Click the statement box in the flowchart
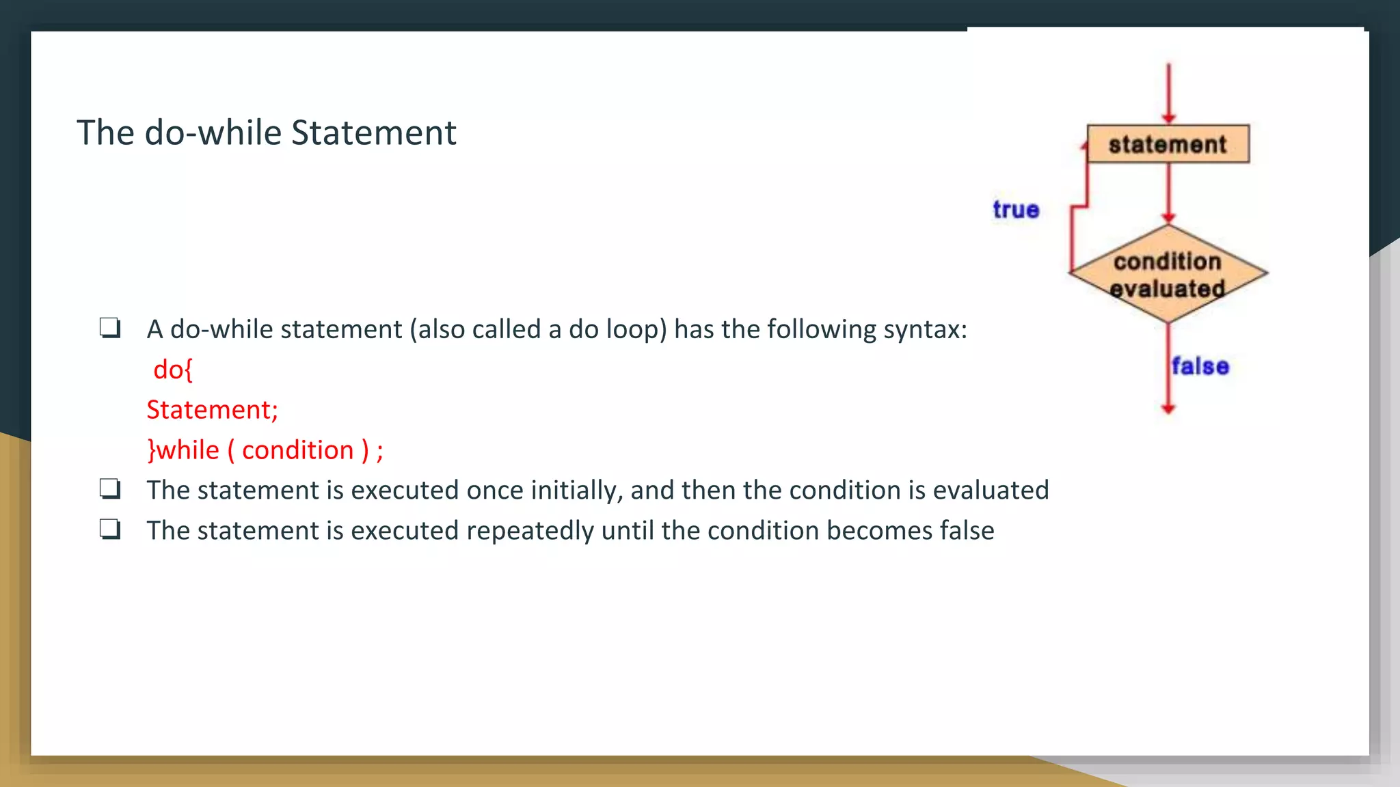coord(1168,144)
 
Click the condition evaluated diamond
coord(1168,274)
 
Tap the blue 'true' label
coord(1016,210)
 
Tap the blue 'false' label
coord(1200,366)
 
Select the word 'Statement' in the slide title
coord(373,133)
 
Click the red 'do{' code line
coord(173,370)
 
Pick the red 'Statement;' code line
coord(212,410)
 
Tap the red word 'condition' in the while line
coord(297,450)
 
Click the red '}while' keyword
coord(183,450)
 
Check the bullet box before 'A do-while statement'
coord(110,329)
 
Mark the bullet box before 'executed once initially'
coord(110,489)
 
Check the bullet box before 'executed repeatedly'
coord(110,529)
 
